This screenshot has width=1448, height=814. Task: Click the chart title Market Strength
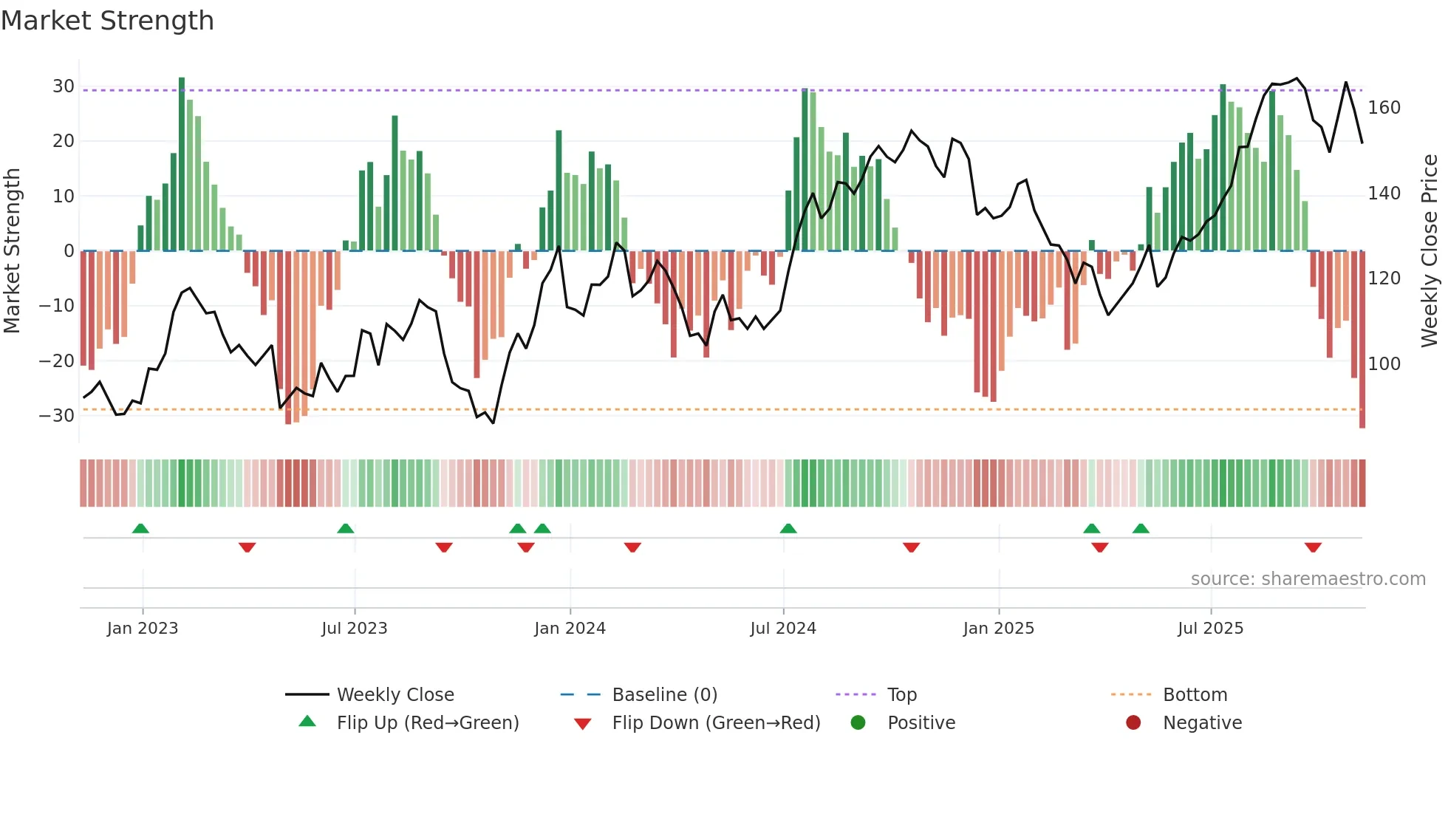[x=107, y=21]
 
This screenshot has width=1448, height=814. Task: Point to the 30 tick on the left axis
[x=64, y=86]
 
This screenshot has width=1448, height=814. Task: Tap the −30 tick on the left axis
[x=58, y=415]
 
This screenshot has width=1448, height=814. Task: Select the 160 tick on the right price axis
[x=1384, y=108]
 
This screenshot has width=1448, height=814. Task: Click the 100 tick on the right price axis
[x=1384, y=363]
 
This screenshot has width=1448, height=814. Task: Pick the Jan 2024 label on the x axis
[x=570, y=629]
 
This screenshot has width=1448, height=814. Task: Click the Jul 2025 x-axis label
[x=1210, y=629]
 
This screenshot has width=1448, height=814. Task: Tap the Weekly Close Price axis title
[x=1430, y=251]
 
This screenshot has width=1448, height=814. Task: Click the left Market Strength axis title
[x=12, y=251]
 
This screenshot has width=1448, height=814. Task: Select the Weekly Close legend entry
[x=395, y=695]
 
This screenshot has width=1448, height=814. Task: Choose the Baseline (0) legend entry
[x=664, y=695]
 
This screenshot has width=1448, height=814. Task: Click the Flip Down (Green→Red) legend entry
[x=715, y=723]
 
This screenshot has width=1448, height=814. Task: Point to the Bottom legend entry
[x=1195, y=695]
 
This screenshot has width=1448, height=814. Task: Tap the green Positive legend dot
[x=858, y=723]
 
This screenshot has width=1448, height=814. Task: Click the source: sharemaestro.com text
[x=1308, y=579]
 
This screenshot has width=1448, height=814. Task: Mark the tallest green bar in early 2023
[x=182, y=163]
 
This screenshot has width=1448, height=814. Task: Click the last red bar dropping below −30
[x=1362, y=340]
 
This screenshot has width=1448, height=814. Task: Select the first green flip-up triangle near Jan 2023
[x=140, y=528]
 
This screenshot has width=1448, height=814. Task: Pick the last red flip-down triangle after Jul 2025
[x=1313, y=547]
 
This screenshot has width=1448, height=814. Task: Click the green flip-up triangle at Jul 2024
[x=788, y=528]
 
